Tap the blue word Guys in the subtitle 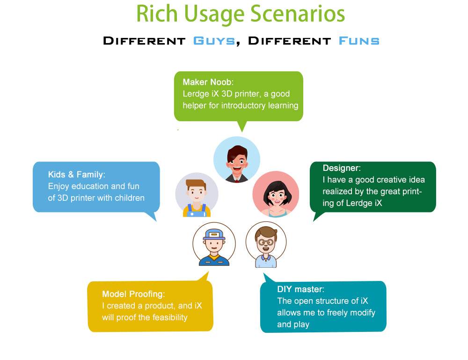click(214, 41)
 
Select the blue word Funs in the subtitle click(359, 41)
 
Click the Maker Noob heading click(208, 82)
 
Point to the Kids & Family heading click(77, 175)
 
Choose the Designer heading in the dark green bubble click(342, 168)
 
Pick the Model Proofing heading click(133, 294)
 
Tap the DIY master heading click(300, 289)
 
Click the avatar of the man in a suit click(237, 160)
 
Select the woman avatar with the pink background click(276, 194)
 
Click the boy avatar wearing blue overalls click(197, 195)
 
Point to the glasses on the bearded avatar click(266, 242)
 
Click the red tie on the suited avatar click(237, 180)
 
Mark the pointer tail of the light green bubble click(242, 126)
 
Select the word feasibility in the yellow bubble click(170, 317)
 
